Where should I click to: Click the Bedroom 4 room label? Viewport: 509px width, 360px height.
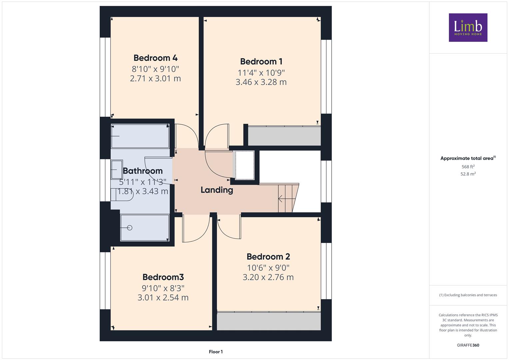pos(155,58)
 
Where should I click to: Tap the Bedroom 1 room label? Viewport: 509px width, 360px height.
pos(261,62)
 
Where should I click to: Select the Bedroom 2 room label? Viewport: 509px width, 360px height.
pos(268,257)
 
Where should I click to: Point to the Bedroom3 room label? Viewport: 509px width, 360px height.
pos(163,277)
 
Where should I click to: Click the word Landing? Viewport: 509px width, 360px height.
pos(217,190)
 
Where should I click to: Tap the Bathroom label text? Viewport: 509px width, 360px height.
pos(143,171)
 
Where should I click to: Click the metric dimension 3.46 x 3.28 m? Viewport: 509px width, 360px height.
pos(261,82)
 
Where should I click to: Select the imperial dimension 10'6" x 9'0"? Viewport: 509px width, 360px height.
pos(268,268)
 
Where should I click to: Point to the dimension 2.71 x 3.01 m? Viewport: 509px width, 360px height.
pos(155,78)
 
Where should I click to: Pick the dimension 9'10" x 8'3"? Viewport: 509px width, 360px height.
pos(163,288)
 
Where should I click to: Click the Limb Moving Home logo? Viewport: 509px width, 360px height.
pos(468,27)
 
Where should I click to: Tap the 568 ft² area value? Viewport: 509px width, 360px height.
pos(468,167)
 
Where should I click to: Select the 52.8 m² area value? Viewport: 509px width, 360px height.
pos(468,174)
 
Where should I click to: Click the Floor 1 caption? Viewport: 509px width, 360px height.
pos(216,352)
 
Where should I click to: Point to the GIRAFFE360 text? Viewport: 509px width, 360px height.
pos(468,345)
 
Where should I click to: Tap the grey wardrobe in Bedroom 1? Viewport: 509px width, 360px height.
pos(284,136)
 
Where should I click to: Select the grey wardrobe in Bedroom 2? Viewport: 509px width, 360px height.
pos(269,321)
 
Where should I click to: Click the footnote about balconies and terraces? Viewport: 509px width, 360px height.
pos(468,295)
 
